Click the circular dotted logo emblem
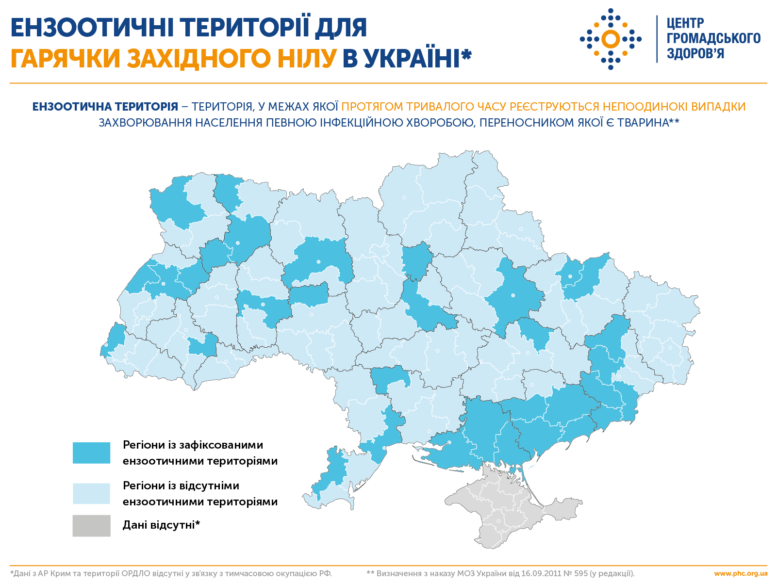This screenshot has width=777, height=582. (x=611, y=39)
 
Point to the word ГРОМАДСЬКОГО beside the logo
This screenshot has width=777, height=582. (x=713, y=38)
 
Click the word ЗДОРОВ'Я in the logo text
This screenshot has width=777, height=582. (x=695, y=53)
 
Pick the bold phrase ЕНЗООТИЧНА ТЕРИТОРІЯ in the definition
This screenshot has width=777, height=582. (x=105, y=107)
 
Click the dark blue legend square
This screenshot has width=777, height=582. (x=91, y=453)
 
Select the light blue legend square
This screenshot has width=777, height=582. (x=91, y=493)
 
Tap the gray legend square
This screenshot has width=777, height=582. (x=91, y=525)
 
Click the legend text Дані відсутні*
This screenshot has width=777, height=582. (x=161, y=525)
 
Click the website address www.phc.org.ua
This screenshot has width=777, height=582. (x=741, y=573)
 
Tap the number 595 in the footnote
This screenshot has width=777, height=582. (x=580, y=573)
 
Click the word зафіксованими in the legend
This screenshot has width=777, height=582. (x=221, y=445)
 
